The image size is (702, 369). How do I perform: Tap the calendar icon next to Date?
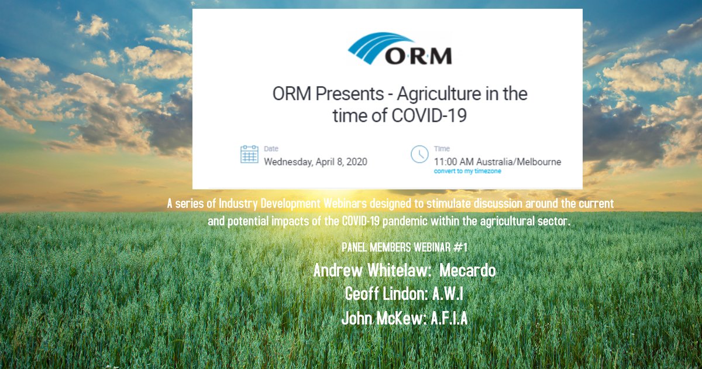coord(249,155)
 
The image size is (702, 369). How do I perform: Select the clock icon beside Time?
coord(419,155)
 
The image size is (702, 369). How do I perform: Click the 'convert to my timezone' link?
coord(467,172)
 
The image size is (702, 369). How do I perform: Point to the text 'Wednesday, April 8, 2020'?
coord(315,162)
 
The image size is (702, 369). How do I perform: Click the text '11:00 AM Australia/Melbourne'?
coord(497,162)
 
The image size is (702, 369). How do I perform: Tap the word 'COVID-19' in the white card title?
coord(428,115)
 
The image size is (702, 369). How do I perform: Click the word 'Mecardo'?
coord(467,271)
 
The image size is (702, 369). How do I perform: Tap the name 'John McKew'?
coord(383,319)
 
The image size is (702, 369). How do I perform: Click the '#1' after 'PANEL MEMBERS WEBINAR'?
coord(460,247)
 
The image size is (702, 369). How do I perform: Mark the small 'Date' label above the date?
coord(271,149)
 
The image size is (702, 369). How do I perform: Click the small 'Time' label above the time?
coord(442,149)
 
